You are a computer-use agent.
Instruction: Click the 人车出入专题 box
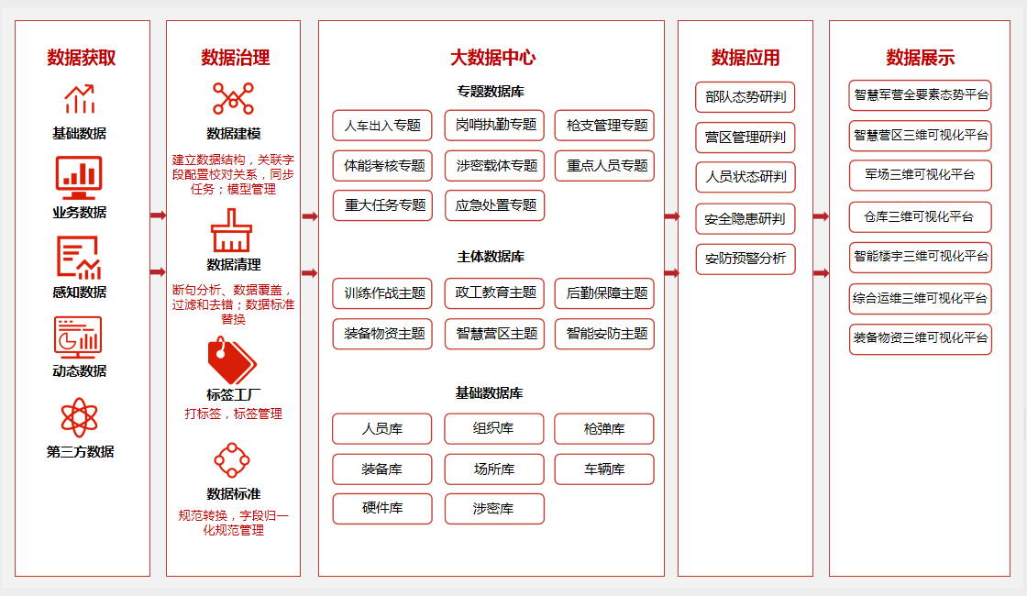[x=382, y=125]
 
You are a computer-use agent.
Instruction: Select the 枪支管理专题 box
[x=604, y=125]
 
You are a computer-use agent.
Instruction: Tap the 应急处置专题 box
[x=494, y=205]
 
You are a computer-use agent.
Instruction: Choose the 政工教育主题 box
[x=494, y=292]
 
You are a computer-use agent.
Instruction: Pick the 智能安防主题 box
[x=604, y=334]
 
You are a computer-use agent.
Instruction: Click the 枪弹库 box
[x=604, y=429]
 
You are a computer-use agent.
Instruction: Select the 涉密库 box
[x=494, y=509]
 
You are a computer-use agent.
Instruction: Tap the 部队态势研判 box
[x=745, y=97]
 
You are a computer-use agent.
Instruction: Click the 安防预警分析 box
[x=745, y=259]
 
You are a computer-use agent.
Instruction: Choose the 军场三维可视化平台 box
[x=921, y=175]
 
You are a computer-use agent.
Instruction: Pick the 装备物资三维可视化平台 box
[x=921, y=339]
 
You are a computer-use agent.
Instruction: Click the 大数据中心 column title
[x=492, y=58]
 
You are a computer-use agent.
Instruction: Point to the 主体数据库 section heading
[x=491, y=257]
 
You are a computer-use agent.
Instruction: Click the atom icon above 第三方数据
[x=79, y=417]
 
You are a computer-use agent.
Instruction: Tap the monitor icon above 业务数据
[x=79, y=178]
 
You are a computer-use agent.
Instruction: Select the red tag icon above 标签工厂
[x=232, y=359]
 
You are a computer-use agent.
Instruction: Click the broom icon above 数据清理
[x=231, y=230]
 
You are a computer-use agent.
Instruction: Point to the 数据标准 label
[x=233, y=494]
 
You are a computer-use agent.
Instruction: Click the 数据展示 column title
[x=921, y=58]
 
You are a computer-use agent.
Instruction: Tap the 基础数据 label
[x=79, y=134]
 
